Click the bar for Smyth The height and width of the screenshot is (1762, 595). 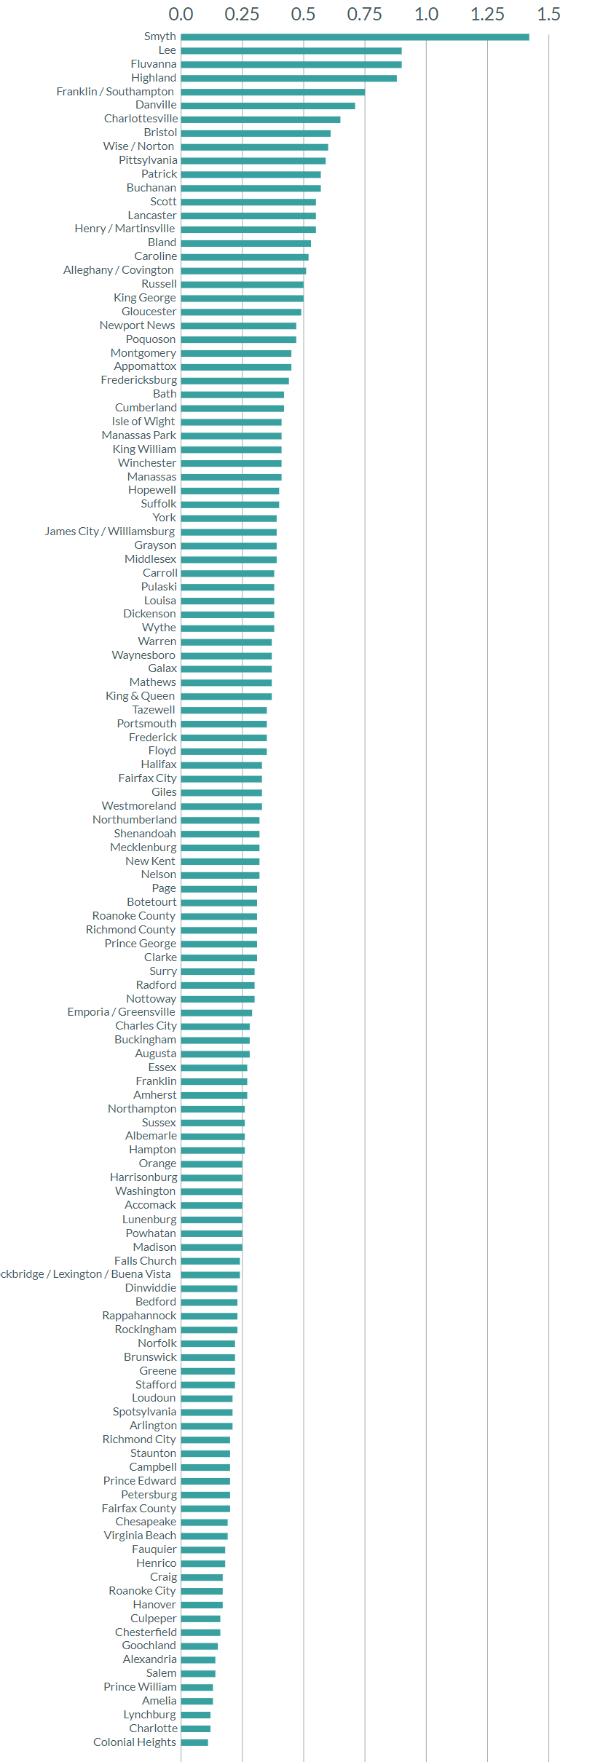[355, 37]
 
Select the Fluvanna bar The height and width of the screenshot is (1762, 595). [291, 65]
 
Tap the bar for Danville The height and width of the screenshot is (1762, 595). [268, 106]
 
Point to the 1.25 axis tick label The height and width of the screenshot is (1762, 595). [487, 15]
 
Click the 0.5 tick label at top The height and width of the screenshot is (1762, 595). [303, 15]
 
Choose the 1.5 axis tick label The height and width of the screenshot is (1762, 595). [548, 15]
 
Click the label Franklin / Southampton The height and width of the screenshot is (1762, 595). [115, 92]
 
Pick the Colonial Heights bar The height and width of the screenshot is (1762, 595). [194, 1742]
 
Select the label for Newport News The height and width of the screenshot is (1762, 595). [137, 325]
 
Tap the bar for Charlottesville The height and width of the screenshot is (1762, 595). [261, 119]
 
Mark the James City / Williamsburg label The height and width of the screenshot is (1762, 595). [109, 532]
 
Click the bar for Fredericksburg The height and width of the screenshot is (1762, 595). [235, 381]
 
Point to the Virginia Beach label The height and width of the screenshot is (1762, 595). [140, 1536]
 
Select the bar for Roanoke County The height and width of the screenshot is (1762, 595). [218, 917]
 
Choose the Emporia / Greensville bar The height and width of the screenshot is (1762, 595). [216, 1013]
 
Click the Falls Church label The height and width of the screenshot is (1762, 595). [145, 1261]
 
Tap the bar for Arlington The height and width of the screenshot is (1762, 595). [207, 1426]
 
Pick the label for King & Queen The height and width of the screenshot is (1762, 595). [140, 696]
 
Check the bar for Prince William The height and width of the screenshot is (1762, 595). [197, 1687]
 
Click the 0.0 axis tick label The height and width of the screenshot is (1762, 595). [181, 15]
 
